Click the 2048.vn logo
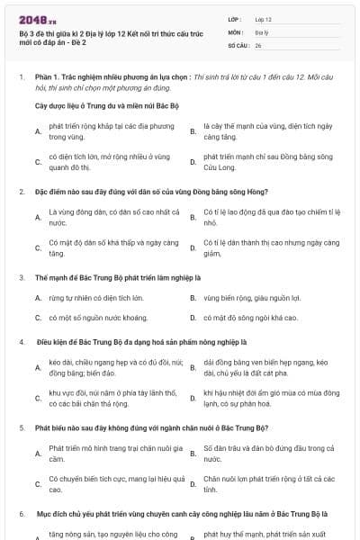point(37,18)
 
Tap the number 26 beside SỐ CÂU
point(258,44)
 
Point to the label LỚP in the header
point(235,18)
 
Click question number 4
point(21,342)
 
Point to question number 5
point(21,427)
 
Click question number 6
point(21,513)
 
